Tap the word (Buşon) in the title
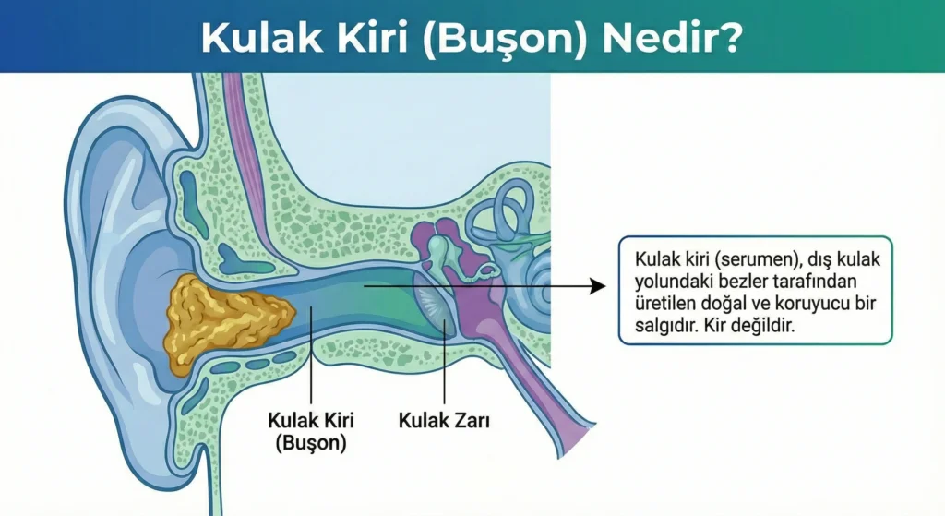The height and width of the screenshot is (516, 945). (505, 40)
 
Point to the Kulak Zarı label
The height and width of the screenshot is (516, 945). (444, 420)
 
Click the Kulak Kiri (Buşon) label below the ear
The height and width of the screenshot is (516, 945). (311, 431)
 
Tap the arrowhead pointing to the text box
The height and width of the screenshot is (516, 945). (597, 286)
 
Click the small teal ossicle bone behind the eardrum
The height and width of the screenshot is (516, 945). (437, 248)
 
